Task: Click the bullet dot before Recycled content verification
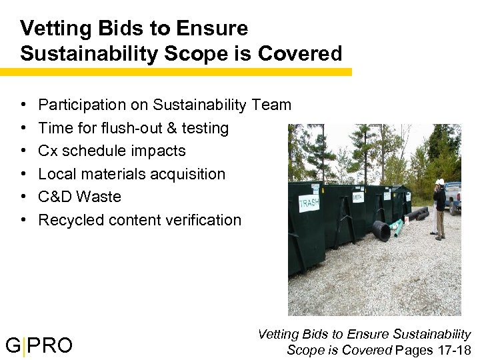(x=23, y=220)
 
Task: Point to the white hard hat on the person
(x=440, y=181)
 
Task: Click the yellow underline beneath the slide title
(x=176, y=71)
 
